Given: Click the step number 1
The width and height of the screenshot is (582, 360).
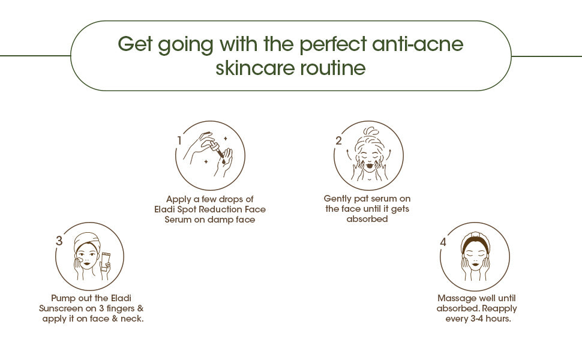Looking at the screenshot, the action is (x=179, y=140).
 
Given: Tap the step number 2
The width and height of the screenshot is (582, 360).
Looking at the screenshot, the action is (x=338, y=140).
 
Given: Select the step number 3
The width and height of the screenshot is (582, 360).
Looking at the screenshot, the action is (x=59, y=241).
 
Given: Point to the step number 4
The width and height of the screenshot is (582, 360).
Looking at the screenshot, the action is (x=443, y=242).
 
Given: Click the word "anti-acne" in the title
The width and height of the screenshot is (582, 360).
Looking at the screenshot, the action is (x=418, y=44).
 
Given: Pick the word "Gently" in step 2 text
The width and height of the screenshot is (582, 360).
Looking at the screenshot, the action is (x=337, y=199).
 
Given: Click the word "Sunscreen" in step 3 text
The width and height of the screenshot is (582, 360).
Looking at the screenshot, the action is (x=61, y=308).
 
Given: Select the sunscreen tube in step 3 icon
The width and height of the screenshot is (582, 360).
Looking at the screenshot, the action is (x=106, y=263).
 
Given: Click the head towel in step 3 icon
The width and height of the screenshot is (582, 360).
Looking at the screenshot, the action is (x=87, y=241).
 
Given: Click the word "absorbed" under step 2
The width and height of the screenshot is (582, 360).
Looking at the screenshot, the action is (x=367, y=219).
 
